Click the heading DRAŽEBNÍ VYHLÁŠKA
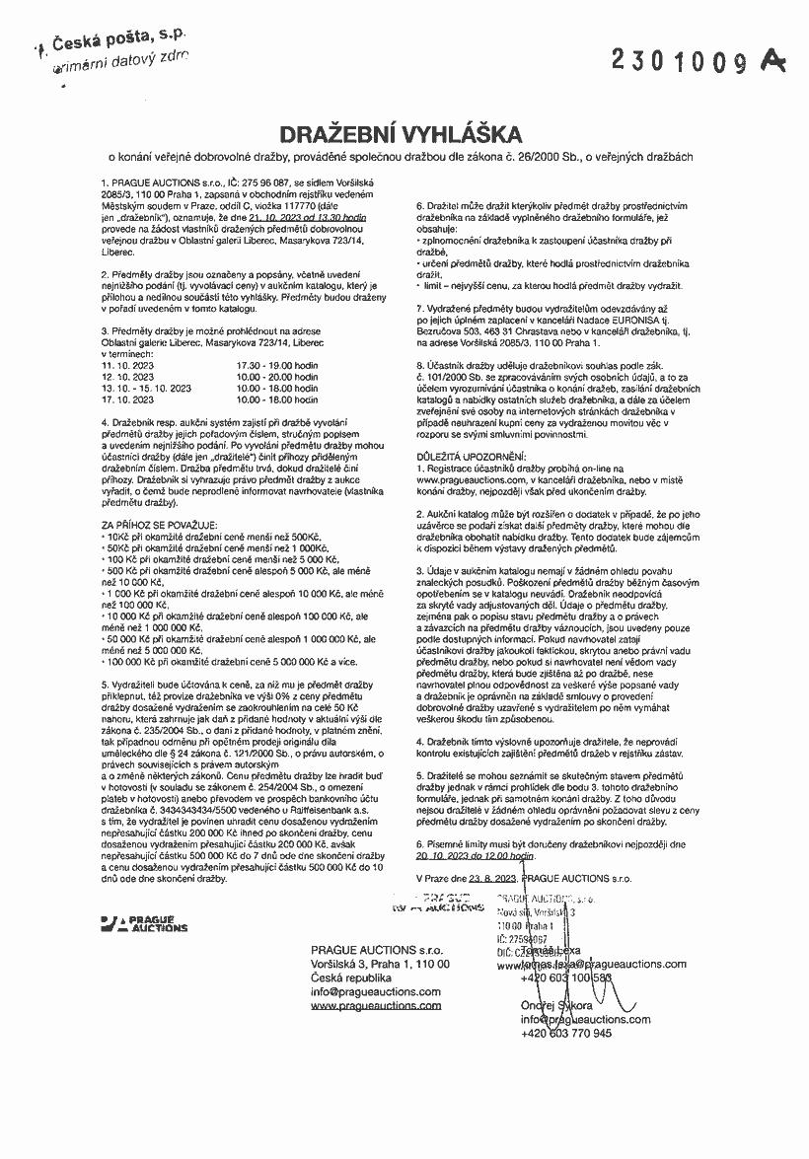click(x=404, y=134)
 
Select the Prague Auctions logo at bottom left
click(x=144, y=923)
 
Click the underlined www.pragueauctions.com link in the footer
click(x=376, y=1005)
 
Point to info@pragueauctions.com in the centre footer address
click(x=376, y=991)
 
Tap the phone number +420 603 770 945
click(x=566, y=1033)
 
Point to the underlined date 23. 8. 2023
click(x=490, y=876)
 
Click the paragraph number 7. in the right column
click(x=420, y=308)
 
